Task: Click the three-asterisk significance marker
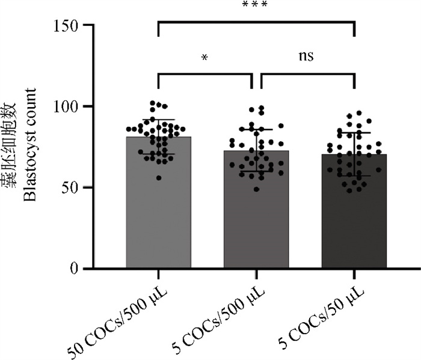click(x=254, y=5)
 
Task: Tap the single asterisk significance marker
click(x=205, y=58)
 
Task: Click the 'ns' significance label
click(x=306, y=56)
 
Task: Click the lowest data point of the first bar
click(x=159, y=178)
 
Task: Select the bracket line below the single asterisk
click(x=205, y=74)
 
